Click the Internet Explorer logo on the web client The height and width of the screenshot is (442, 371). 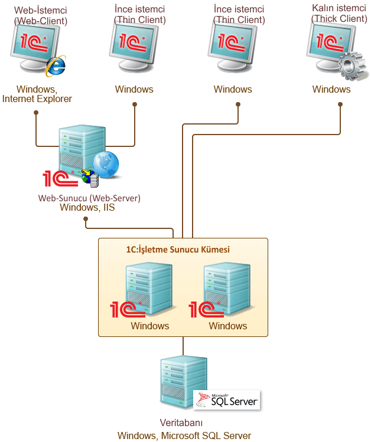click(56, 66)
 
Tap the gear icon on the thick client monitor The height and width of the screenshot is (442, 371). click(352, 66)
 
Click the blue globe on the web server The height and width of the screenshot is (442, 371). click(106, 164)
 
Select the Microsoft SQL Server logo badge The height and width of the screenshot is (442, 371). click(226, 400)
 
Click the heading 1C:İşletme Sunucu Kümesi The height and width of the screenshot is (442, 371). click(178, 250)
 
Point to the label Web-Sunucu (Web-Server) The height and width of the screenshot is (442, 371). click(89, 198)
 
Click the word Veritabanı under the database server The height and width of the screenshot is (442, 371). click(181, 423)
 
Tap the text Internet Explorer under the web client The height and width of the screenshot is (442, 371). click(37, 99)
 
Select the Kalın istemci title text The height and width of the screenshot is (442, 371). click(339, 8)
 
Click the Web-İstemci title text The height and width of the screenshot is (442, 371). click(41, 10)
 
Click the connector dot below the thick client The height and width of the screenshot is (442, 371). click(340, 104)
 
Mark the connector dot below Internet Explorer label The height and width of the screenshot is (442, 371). click(36, 113)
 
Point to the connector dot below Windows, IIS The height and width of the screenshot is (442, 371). click(86, 219)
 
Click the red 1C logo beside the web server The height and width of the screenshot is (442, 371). click(60, 178)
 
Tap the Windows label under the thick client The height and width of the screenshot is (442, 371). click(331, 89)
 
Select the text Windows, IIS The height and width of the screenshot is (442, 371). click(87, 208)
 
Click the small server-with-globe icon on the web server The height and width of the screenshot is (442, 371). click(90, 178)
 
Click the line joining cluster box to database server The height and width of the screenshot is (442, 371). click(183, 346)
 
